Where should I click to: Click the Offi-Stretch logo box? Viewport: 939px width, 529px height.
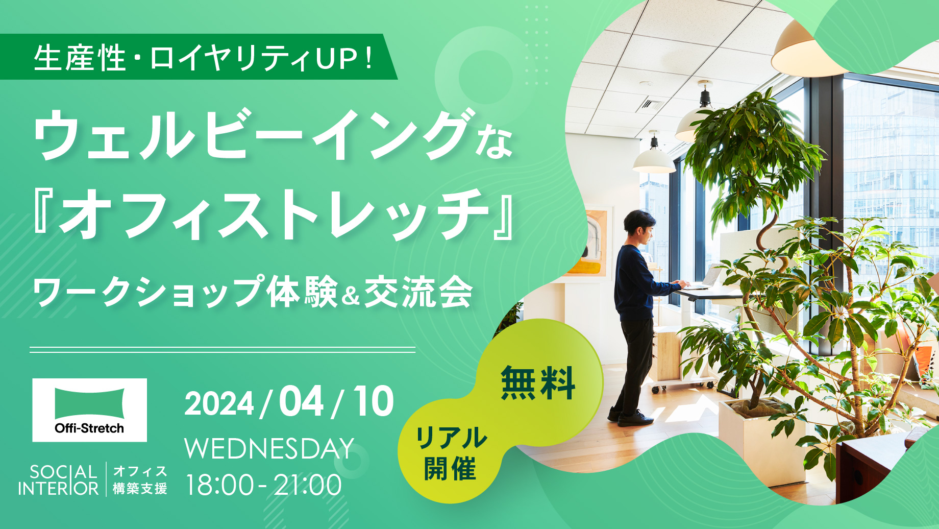pyautogui.click(x=90, y=410)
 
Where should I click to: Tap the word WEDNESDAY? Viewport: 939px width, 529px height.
pyautogui.click(x=269, y=449)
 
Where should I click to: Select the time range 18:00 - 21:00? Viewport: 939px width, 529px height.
pyautogui.click(x=263, y=485)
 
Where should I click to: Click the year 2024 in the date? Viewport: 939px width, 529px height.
pyautogui.click(x=219, y=404)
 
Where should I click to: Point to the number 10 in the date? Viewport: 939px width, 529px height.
pyautogui.click(x=374, y=401)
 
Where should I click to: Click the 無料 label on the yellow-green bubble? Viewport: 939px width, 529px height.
pyautogui.click(x=538, y=383)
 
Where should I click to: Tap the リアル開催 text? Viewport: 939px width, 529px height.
pyautogui.click(x=451, y=453)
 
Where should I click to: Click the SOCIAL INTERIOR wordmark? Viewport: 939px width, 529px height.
pyautogui.click(x=58, y=480)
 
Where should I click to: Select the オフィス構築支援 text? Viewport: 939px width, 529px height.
pyautogui.click(x=140, y=480)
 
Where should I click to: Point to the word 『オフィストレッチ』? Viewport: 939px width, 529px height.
pyautogui.click(x=273, y=214)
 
